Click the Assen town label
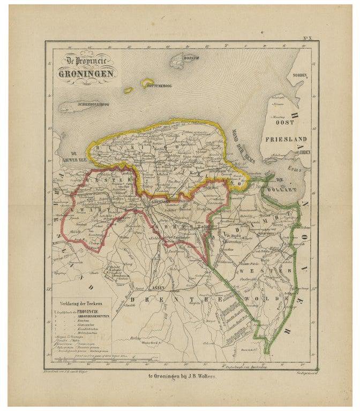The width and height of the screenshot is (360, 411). click(159, 287)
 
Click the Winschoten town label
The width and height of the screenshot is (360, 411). click(265, 234)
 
